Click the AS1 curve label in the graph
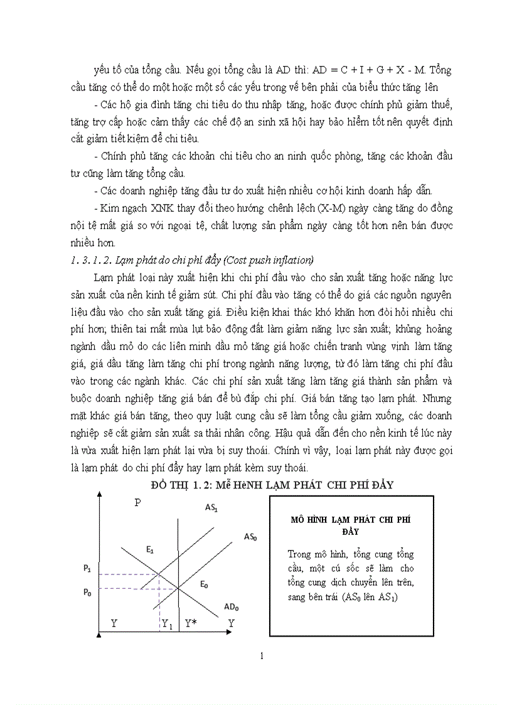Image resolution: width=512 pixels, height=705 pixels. point(211,508)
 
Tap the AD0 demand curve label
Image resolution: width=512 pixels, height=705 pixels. point(231,607)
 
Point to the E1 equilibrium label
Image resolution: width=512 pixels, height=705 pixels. point(151,549)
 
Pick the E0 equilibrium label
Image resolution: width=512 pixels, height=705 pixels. point(204,584)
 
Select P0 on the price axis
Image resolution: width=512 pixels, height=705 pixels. point(87,592)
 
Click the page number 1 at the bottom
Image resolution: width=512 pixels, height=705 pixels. point(262,657)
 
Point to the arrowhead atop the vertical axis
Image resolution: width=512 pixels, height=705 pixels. point(99,496)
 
